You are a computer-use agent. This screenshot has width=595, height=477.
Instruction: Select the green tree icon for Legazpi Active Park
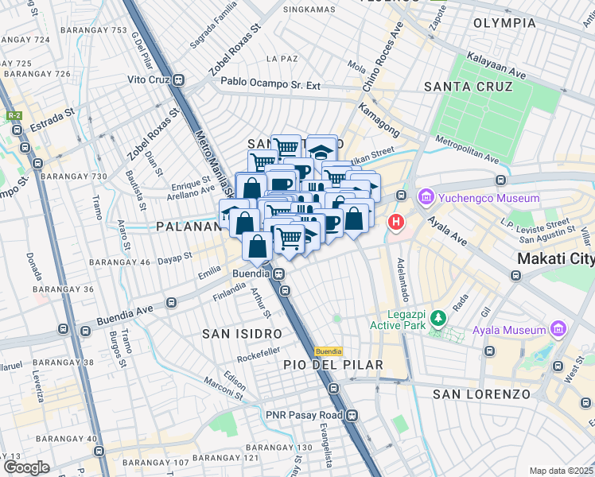point(437,320)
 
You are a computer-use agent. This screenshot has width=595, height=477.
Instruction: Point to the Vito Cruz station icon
point(179,80)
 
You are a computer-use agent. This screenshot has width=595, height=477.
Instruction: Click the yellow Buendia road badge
point(329,351)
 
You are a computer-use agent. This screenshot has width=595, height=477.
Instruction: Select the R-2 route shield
point(14,115)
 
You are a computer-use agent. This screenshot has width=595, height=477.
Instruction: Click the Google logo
point(26,467)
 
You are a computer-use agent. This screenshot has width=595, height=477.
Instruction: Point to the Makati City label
point(555,259)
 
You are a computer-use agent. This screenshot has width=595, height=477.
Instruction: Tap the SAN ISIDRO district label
point(242,333)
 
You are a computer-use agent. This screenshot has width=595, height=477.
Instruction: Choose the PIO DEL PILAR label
point(333,365)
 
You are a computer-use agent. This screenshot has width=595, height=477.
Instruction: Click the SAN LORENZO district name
point(481,394)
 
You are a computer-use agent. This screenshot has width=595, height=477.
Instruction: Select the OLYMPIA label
point(504,23)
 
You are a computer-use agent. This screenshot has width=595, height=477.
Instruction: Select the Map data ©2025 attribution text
point(560,471)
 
